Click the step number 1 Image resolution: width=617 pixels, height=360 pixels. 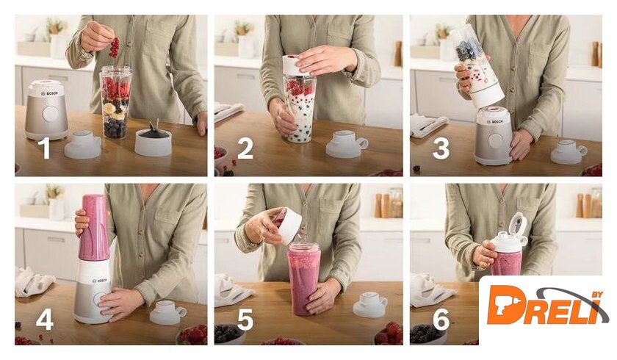click(46, 148)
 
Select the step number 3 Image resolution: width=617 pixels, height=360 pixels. click(441, 148)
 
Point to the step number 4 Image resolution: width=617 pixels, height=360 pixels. click(45, 319)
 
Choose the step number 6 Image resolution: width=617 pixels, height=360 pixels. click(441, 319)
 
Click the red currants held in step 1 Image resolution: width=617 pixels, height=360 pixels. click(114, 47)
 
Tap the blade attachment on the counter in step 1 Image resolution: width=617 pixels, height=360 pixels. click(153, 140)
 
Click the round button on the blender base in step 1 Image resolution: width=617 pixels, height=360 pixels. click(51, 114)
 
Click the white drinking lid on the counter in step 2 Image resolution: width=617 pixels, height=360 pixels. click(347, 143)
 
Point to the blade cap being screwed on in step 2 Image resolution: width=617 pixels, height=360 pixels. click(299, 65)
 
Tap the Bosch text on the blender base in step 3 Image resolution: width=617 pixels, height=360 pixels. click(495, 122)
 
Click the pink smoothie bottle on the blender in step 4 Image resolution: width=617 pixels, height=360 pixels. click(94, 228)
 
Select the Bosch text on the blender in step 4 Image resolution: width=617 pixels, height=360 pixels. click(99, 281)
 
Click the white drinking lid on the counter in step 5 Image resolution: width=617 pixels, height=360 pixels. click(370, 303)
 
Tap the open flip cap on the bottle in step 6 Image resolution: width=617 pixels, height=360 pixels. click(518, 227)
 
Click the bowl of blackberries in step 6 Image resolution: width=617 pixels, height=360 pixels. click(428, 335)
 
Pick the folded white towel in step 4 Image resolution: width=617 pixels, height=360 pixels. click(34, 281)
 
